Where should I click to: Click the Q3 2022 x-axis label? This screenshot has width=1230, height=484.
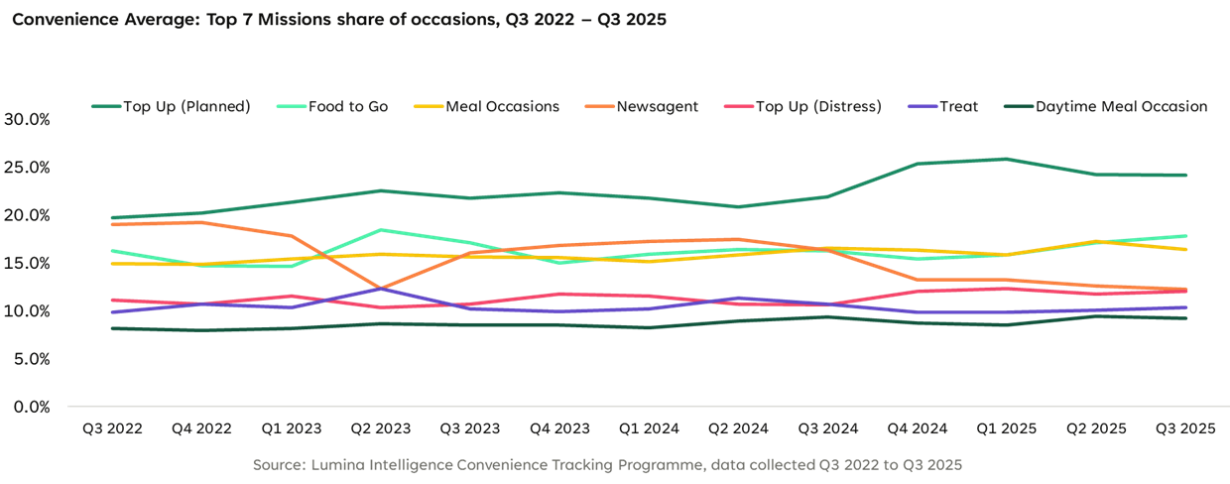[112, 429]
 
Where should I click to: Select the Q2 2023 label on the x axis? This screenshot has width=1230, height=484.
[380, 429]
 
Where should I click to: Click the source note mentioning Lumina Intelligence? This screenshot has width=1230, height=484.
[607, 464]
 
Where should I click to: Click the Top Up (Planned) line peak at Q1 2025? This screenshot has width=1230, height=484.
[1006, 159]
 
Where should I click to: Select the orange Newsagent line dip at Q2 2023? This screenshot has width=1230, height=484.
[382, 289]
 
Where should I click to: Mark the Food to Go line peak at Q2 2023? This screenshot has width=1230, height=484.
[382, 230]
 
